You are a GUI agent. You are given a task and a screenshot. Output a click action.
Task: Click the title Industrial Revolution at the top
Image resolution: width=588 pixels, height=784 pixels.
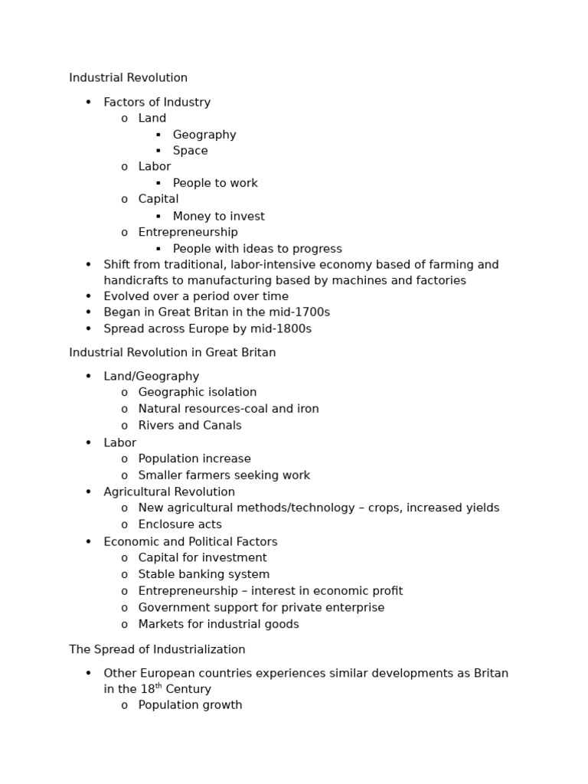(128, 78)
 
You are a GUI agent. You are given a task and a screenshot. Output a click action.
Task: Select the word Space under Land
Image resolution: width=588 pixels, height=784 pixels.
(190, 151)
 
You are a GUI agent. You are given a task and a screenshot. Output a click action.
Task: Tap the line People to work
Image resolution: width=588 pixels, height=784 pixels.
(215, 183)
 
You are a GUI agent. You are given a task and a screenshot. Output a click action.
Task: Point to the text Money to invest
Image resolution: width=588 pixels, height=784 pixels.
(218, 216)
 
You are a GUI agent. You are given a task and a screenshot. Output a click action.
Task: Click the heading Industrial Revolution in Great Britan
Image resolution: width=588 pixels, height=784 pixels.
(172, 353)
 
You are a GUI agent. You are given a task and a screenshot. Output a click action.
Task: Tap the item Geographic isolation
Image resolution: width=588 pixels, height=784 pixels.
(198, 392)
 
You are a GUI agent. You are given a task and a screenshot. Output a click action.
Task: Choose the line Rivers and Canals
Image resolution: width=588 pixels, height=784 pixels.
(190, 426)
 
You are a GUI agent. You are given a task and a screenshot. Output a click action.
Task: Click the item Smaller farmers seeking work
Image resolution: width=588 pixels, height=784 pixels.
(224, 475)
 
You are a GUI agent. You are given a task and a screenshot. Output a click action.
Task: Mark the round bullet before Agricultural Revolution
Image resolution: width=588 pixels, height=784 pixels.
(88, 492)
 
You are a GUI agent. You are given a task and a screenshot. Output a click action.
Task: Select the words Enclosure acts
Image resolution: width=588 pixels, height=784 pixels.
(180, 524)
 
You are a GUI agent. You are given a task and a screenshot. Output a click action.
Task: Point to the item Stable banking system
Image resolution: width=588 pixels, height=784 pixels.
(204, 574)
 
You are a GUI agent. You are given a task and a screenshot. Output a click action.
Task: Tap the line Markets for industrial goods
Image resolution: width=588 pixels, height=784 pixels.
(218, 624)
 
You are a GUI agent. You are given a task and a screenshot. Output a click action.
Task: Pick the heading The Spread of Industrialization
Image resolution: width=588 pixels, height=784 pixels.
(157, 649)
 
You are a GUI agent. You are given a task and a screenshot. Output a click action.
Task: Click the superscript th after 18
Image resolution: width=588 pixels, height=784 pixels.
(159, 686)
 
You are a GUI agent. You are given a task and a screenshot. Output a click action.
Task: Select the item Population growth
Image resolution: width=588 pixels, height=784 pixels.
(190, 705)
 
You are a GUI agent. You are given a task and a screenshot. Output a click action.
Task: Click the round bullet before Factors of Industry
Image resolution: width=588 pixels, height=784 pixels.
(88, 103)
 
